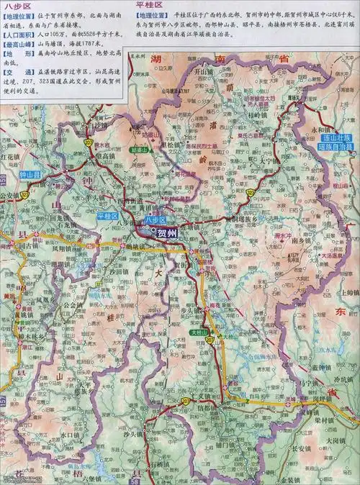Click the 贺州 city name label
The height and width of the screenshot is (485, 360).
click(167, 232)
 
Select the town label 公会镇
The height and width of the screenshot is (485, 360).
click(73, 304)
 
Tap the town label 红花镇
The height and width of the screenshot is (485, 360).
click(13, 155)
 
